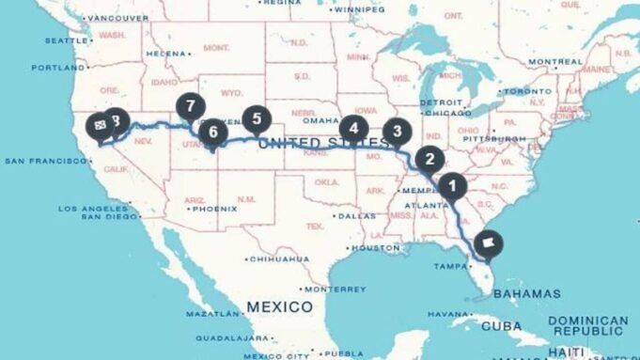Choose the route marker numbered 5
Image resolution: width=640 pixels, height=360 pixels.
click(x=256, y=119)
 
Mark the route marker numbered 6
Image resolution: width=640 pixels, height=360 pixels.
click(x=212, y=133)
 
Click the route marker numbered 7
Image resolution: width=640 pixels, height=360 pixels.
click(x=191, y=106)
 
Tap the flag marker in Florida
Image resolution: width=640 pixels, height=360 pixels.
click(x=489, y=243)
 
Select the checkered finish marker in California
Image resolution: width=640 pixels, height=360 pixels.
click(x=98, y=125)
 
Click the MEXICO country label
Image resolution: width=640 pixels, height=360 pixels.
click(x=279, y=306)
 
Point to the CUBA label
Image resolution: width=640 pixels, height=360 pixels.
click(x=501, y=326)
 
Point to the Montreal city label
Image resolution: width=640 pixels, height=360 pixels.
click(x=556, y=62)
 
